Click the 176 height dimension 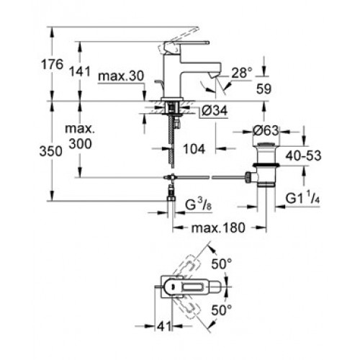53,64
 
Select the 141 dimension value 80,71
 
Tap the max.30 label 121,76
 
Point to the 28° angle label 242,73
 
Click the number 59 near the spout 264,89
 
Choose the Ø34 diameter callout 215,111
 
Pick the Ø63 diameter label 266,131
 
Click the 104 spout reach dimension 194,149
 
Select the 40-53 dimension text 303,156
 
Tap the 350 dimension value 51,151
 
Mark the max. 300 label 80,136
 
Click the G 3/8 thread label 198,204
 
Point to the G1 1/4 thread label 302,198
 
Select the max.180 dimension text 218,228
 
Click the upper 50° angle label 222,264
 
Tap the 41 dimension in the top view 164,326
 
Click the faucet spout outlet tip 214,75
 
